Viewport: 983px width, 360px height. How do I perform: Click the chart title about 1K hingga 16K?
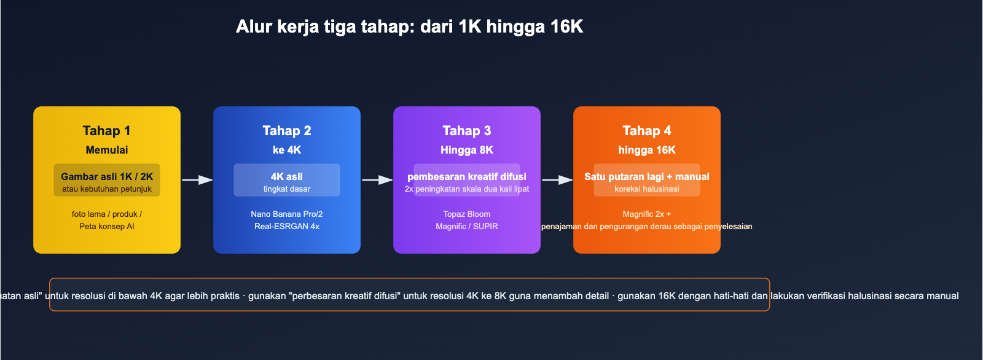(409, 26)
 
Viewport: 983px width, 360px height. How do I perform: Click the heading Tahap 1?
(106, 131)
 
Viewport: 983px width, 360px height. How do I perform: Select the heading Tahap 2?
(286, 131)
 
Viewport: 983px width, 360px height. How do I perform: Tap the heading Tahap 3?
(466, 131)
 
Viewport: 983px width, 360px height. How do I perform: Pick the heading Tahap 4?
(646, 131)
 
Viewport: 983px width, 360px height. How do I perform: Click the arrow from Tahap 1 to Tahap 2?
(197, 180)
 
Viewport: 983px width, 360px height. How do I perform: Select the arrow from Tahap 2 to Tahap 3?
(377, 180)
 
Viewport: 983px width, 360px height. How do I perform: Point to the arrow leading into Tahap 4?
(557, 180)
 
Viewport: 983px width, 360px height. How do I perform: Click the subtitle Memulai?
(106, 150)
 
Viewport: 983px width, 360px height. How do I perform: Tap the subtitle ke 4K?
(286, 150)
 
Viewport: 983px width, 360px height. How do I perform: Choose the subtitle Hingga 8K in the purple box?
(466, 150)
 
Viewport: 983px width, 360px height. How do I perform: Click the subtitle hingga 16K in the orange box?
(646, 150)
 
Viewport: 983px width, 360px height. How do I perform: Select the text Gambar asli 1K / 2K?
(106, 176)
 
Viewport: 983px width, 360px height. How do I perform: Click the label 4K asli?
(286, 176)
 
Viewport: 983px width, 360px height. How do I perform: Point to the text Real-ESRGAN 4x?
(286, 226)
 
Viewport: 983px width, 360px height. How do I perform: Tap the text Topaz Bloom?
(466, 214)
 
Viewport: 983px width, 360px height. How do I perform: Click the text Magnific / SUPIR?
(466, 226)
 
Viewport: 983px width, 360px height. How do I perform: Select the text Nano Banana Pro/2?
(286, 214)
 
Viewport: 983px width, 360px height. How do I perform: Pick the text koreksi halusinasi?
(646, 189)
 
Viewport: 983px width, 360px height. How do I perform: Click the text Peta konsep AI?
(106, 226)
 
